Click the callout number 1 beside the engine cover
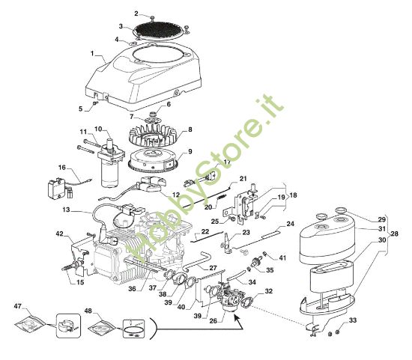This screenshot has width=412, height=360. (92, 53)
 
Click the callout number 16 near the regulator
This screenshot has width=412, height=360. (62, 168)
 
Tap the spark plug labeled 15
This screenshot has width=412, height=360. (72, 266)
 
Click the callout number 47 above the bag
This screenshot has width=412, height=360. (19, 307)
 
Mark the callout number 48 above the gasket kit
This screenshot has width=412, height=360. (88, 311)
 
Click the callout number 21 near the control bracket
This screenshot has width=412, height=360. (243, 179)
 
